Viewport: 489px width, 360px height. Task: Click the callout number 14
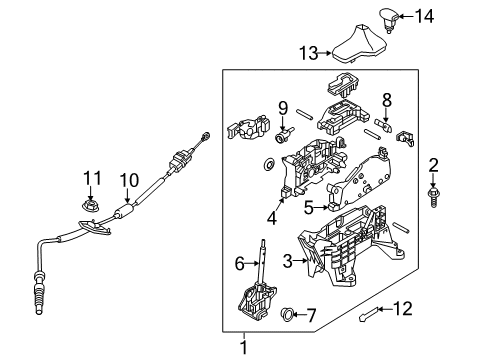click(424, 16)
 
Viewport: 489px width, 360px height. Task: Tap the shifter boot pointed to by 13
click(359, 44)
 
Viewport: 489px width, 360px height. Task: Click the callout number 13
click(309, 53)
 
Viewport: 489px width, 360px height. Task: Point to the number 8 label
click(387, 100)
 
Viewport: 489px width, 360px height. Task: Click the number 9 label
click(283, 107)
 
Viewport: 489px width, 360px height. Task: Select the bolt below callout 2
click(433, 197)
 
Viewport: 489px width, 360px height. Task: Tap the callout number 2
click(433, 165)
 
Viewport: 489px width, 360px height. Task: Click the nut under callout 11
click(91, 206)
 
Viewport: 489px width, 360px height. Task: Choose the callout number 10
click(129, 180)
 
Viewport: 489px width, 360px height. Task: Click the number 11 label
click(92, 178)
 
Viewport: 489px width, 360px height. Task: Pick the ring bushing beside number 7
click(288, 314)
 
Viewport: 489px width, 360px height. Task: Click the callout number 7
click(311, 315)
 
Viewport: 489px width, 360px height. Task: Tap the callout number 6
click(240, 264)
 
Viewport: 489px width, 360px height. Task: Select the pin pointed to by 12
click(369, 314)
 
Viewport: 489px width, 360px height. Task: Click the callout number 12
click(403, 309)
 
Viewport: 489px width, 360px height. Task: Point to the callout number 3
click(287, 261)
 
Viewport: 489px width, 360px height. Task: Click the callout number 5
click(309, 208)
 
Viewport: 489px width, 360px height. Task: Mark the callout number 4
click(272, 218)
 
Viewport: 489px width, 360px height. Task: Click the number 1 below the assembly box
click(244, 348)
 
